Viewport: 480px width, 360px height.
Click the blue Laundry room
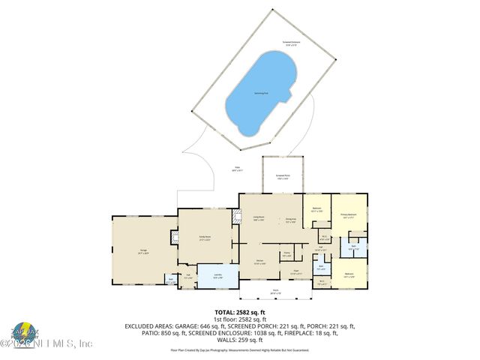coord(214,276)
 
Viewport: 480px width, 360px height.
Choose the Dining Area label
coord(289,220)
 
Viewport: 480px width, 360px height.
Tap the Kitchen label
coord(259,262)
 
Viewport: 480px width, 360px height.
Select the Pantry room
coord(286,254)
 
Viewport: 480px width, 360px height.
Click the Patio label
coord(237,169)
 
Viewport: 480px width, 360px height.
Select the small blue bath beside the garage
coord(171,281)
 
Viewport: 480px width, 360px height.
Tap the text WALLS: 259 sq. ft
coord(240,340)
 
